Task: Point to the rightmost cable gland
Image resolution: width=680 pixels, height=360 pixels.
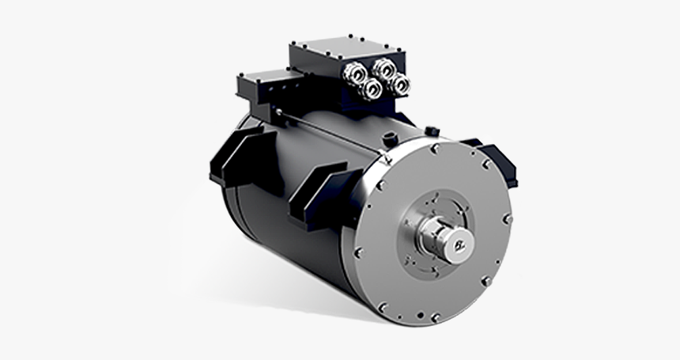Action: (402, 83)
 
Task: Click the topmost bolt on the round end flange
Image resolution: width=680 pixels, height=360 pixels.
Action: (434, 148)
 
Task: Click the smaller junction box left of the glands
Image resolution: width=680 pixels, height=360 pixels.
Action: (266, 81)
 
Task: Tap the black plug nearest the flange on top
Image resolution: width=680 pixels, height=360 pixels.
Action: (430, 131)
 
